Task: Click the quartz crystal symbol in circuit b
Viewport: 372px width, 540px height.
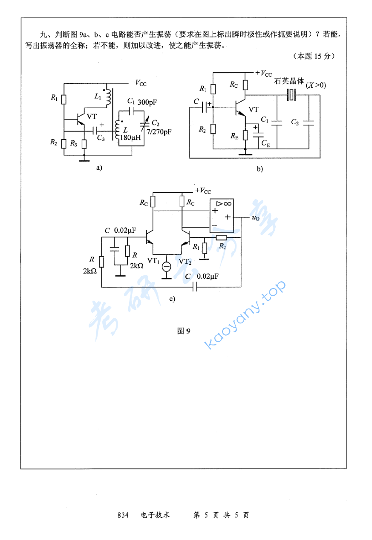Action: coord(291,95)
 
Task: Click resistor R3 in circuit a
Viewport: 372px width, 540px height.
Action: coord(84,143)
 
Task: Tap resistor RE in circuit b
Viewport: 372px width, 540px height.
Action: coord(245,136)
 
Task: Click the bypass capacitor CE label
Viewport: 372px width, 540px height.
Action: coord(265,143)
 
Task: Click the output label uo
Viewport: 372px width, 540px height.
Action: coord(255,218)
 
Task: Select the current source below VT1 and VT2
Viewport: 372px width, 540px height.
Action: coord(167,266)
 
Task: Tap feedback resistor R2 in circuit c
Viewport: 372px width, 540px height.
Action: coord(222,238)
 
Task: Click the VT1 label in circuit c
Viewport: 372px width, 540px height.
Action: coord(153,260)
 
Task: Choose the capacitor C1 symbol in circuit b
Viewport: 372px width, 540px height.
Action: coord(277,123)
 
